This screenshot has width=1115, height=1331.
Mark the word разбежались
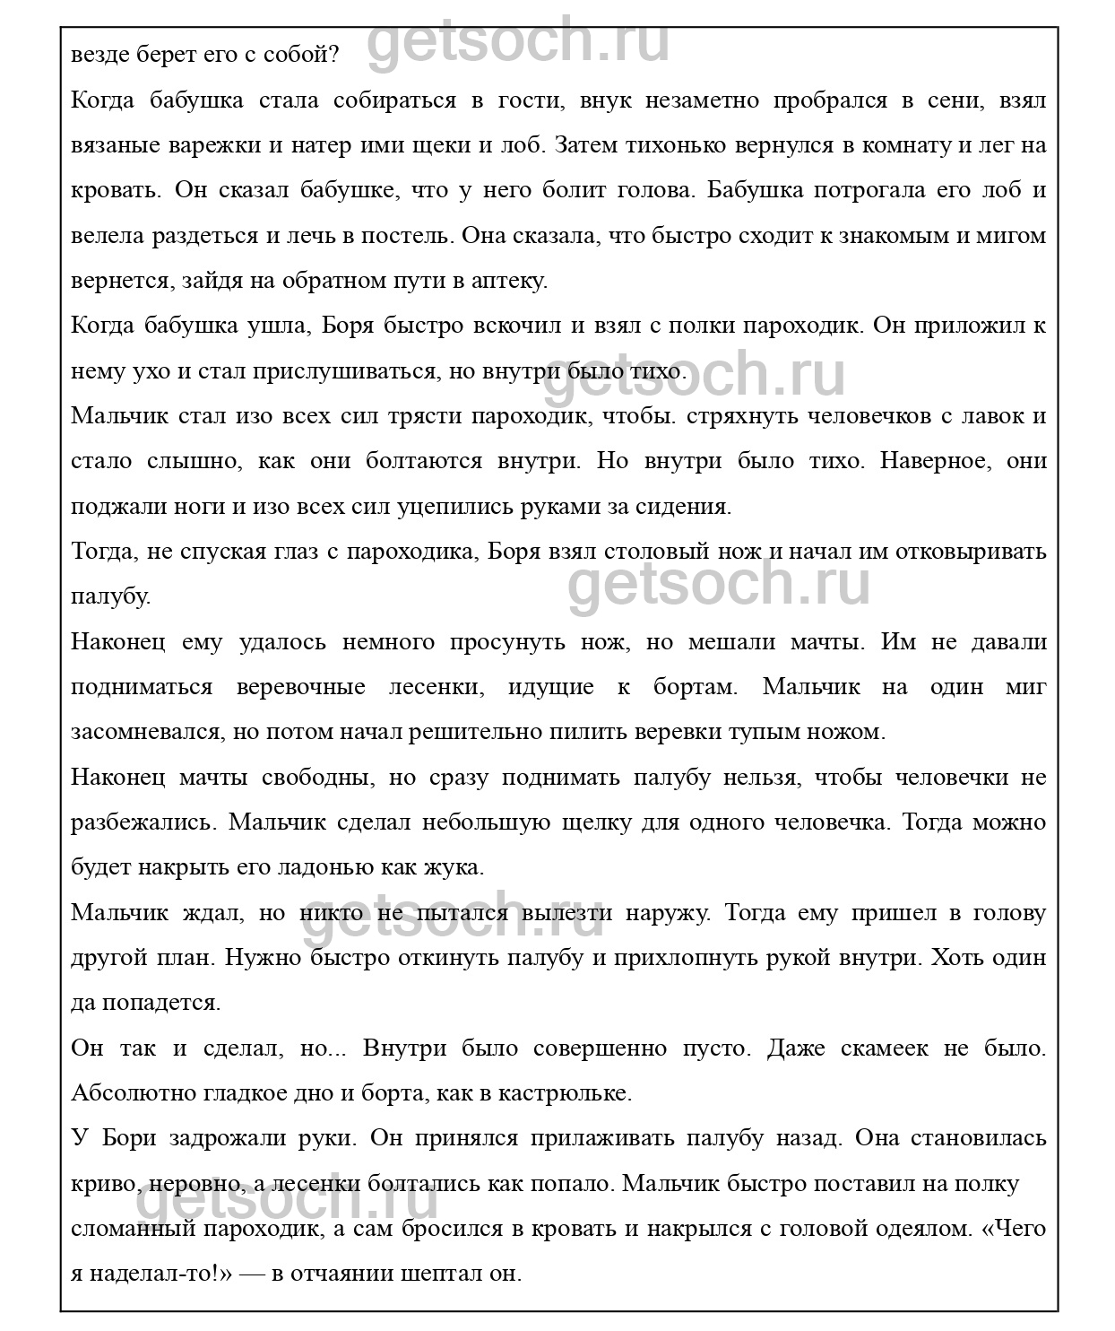tap(142, 822)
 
